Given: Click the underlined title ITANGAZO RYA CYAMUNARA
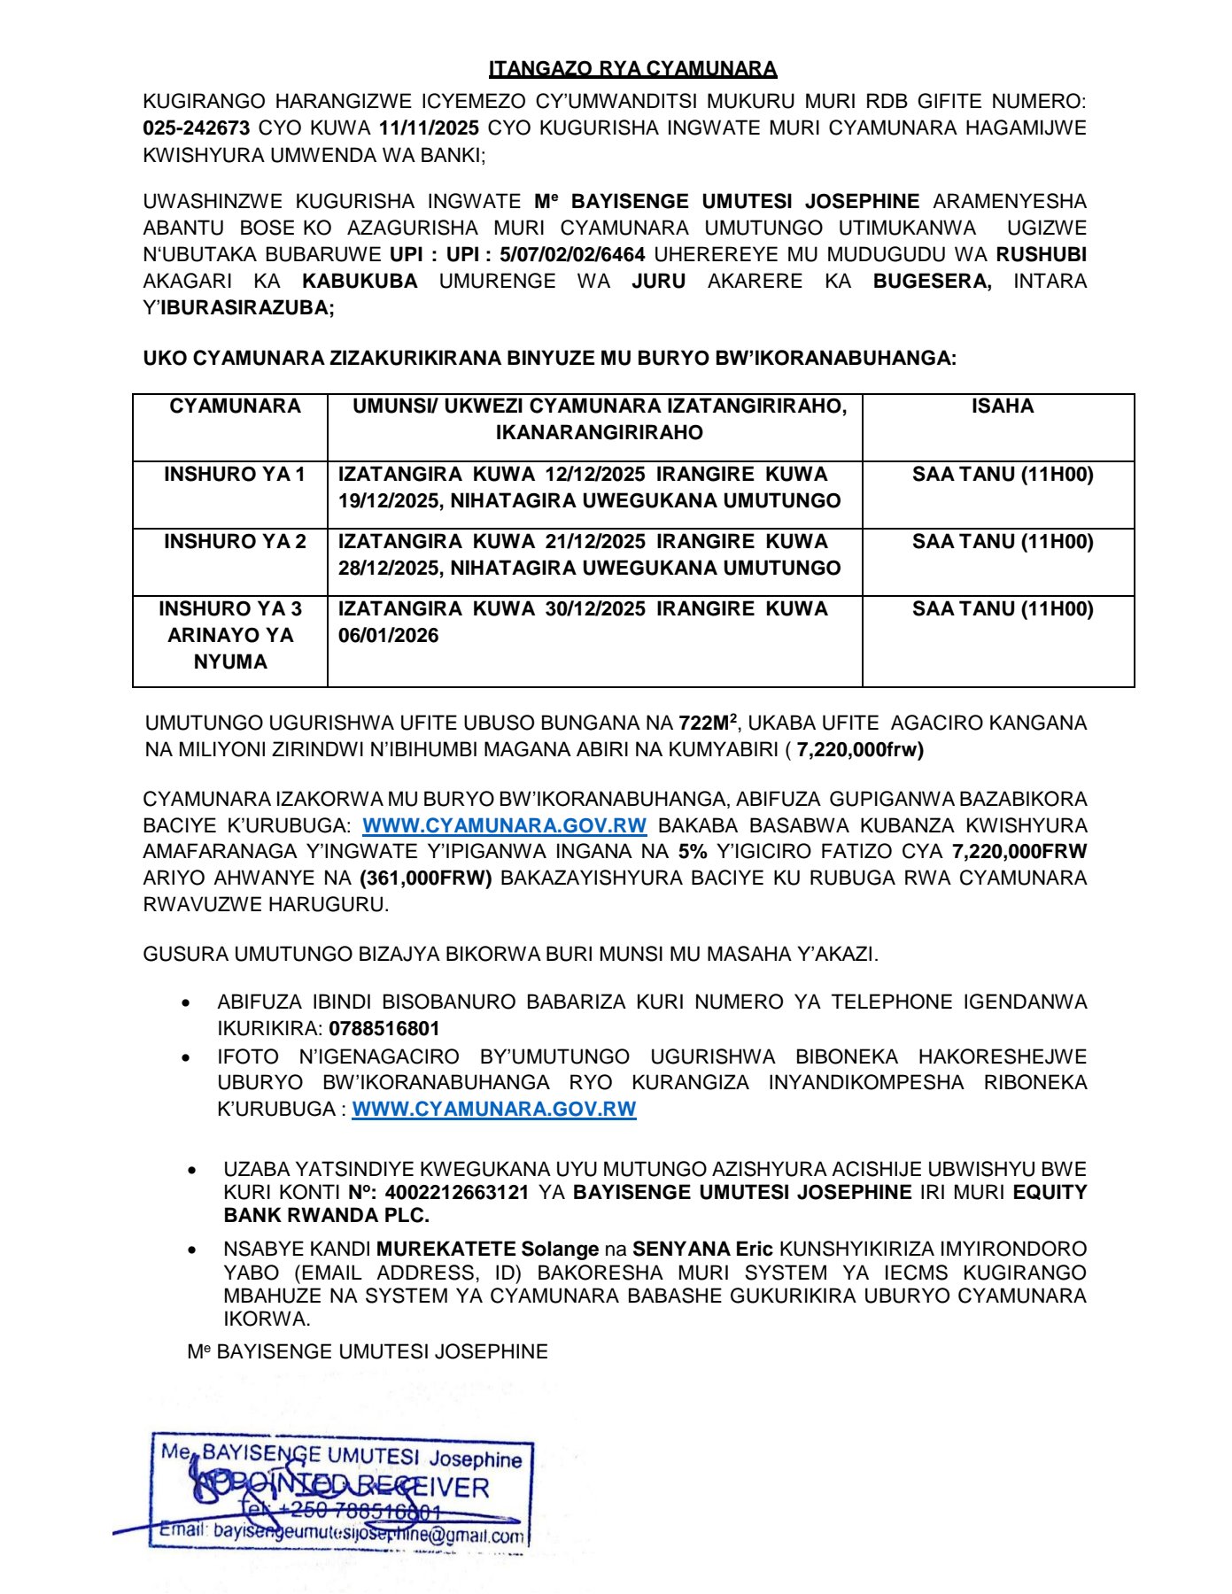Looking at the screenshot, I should click(x=632, y=68).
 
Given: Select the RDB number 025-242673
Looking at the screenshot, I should click(x=196, y=128).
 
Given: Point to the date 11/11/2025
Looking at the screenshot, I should click(x=429, y=128).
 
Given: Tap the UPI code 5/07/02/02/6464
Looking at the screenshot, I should click(x=572, y=254).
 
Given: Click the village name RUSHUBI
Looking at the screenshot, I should click(x=1041, y=254).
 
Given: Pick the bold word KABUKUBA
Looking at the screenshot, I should click(x=360, y=281).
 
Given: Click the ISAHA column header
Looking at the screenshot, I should click(x=1002, y=406).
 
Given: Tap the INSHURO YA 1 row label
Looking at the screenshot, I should click(x=234, y=474).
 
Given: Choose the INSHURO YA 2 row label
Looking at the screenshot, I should click(x=235, y=541).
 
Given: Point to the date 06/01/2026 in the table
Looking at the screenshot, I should click(x=388, y=635).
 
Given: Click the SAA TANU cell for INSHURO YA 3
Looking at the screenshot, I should click(x=1003, y=608).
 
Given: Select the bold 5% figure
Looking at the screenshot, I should click(x=693, y=851).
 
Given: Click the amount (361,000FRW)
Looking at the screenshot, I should click(x=425, y=878).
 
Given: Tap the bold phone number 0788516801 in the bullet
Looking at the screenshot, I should click(x=384, y=1028).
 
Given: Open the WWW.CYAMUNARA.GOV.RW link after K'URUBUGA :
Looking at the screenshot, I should click(x=494, y=1109).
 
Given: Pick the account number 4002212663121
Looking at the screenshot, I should click(x=456, y=1192).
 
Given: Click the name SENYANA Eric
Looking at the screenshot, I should click(x=702, y=1249).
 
